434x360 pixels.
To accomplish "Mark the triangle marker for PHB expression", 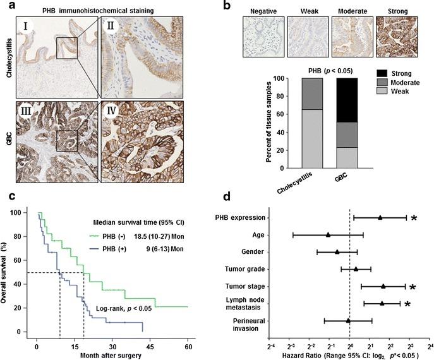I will click(380, 218).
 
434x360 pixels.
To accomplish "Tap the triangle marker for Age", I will click(329, 235).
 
